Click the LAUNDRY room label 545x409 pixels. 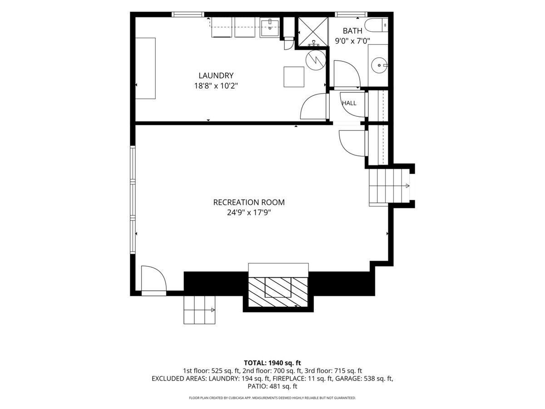(216, 75)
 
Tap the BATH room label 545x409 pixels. (352, 31)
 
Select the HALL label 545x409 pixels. (349, 103)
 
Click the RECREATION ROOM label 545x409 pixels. (249, 202)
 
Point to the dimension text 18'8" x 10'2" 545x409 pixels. (216, 86)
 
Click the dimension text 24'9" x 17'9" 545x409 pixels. (249, 213)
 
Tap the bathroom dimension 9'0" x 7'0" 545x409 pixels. (352, 41)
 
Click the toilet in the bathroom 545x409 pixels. (376, 25)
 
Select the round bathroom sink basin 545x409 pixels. (379, 65)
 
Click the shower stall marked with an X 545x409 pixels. (312, 32)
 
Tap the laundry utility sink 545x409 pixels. (270, 27)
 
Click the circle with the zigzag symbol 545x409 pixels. (316, 60)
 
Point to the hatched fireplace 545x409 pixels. (278, 292)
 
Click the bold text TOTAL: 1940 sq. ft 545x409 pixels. (272, 363)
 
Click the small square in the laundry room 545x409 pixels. (294, 77)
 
